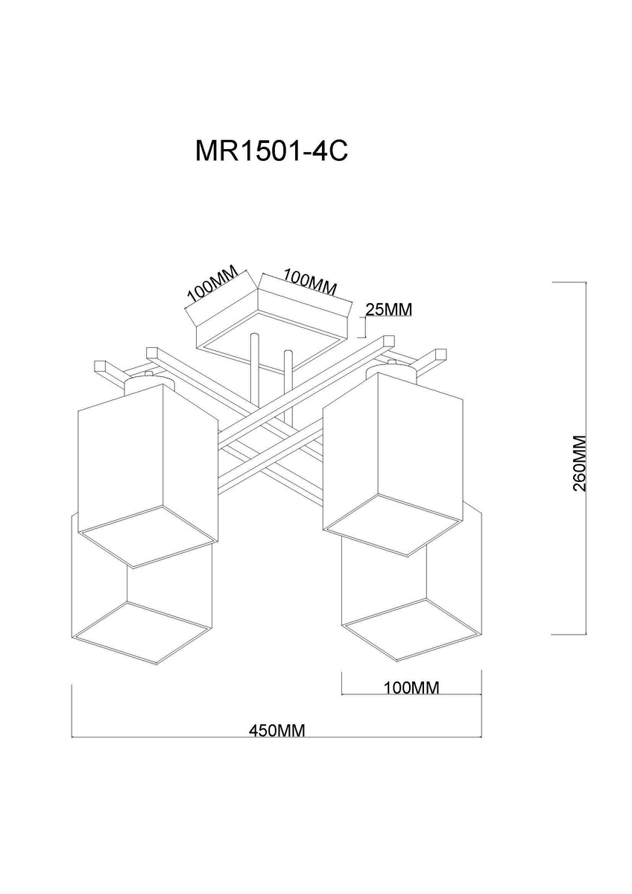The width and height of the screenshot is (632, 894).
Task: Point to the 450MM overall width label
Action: point(277,730)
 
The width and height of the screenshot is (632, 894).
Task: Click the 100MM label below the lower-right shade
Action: point(411,687)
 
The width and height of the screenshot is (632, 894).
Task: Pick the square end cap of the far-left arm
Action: point(101,367)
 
